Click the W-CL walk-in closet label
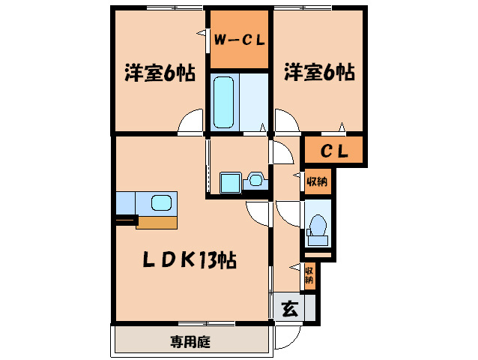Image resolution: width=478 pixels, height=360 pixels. coord(239,40)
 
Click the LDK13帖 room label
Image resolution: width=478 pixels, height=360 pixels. coord(190,260)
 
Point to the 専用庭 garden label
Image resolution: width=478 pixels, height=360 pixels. coord(190,343)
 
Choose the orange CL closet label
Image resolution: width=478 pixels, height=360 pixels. coord(334,151)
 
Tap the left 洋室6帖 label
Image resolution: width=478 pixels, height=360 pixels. coord(160,73)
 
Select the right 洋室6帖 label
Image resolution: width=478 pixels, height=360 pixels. coord(318,73)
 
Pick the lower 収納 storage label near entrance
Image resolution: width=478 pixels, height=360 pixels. coord(309,275)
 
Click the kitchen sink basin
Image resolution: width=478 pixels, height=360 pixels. coord(161,202)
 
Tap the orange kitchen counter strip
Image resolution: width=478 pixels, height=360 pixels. coord(157,222)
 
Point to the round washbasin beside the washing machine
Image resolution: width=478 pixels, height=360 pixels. coord(256,180)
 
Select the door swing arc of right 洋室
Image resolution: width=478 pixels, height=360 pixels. coord(285,121)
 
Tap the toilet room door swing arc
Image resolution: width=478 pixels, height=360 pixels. coord(288,212)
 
